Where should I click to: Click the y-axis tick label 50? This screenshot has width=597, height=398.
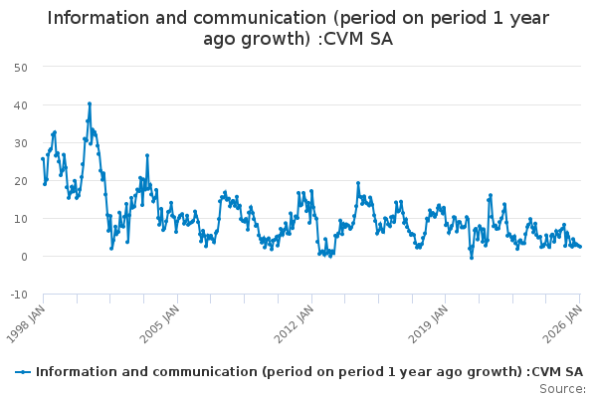click(20, 67)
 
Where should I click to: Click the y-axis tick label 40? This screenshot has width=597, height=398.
click(20, 104)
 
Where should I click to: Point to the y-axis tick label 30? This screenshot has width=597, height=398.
click(20, 142)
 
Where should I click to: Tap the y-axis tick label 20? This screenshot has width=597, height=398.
click(20, 180)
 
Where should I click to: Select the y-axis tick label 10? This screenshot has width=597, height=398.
click(20, 218)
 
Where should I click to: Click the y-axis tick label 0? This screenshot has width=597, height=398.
click(23, 256)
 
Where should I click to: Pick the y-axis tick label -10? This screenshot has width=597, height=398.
click(18, 295)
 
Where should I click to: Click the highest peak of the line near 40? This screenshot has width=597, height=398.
click(89, 103)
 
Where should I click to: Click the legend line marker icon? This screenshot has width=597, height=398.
click(23, 371)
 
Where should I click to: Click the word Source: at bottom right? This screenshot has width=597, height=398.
click(562, 388)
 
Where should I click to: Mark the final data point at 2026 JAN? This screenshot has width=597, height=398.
click(580, 247)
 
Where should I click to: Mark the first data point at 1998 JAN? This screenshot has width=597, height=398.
click(43, 158)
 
